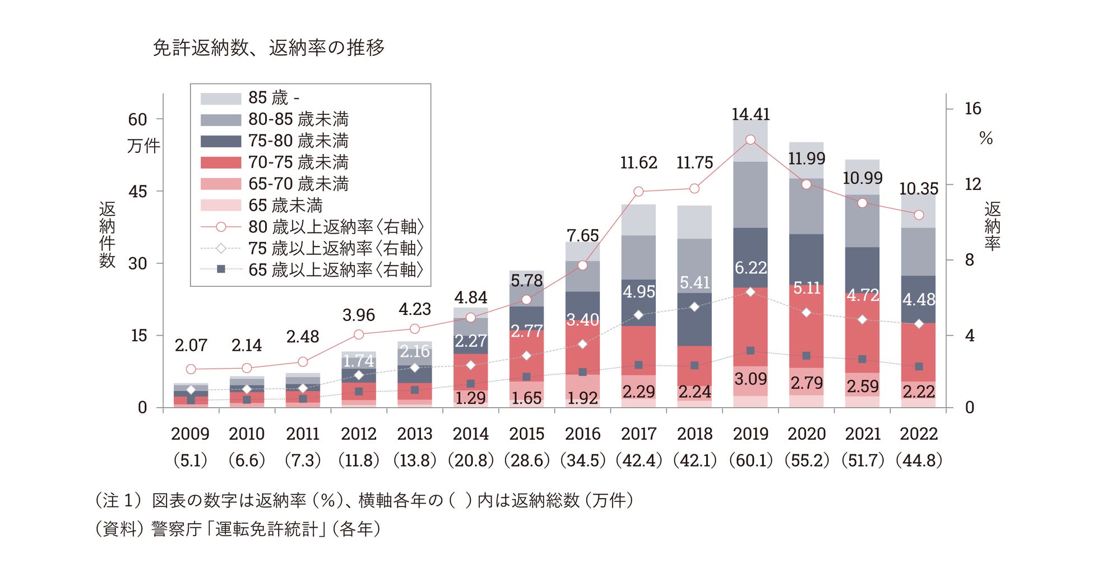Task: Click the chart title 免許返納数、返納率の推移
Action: coord(268,48)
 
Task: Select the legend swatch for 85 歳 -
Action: coord(221,99)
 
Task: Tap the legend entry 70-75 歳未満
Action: coord(298,162)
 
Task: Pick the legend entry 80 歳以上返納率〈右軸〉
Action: coord(335,227)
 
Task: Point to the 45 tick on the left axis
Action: coord(138,192)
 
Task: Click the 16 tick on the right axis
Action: coord(972,109)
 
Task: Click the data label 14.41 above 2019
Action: coord(751,114)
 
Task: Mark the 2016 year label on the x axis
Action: coord(583,434)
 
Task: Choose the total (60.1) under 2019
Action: coord(751,461)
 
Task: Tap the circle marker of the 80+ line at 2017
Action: coord(638,192)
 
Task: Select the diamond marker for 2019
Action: coord(751,292)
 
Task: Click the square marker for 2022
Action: coord(919,366)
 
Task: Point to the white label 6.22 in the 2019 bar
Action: coord(751,268)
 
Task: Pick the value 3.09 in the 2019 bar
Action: coord(751,379)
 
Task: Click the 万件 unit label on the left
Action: coord(143,146)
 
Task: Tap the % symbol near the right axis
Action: coord(986,138)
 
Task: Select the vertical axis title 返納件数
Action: coord(107,235)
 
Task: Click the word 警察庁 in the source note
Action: coord(176,529)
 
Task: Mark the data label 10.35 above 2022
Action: coord(919,189)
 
